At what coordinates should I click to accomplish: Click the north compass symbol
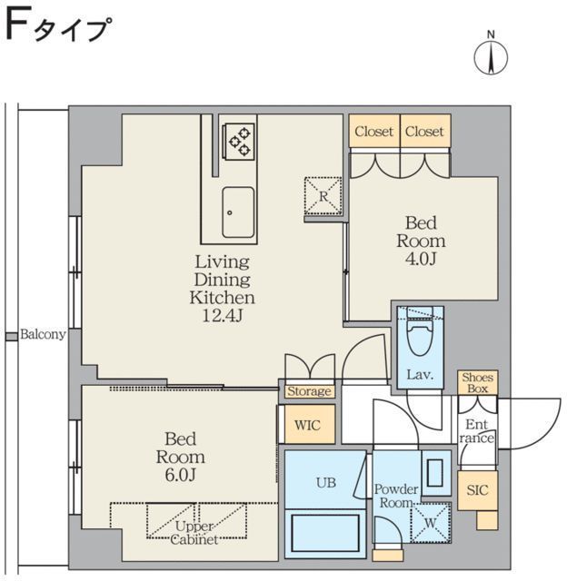click(x=491, y=56)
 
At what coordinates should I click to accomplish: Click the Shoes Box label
click(x=477, y=382)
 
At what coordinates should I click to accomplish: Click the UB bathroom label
click(x=325, y=483)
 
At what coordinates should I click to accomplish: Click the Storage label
click(x=309, y=391)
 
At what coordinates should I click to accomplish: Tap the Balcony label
click(x=42, y=334)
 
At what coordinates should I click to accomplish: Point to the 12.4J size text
click(x=222, y=315)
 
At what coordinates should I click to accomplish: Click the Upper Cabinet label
click(x=195, y=533)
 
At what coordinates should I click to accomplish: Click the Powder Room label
click(x=396, y=496)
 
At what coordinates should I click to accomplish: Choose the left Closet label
click(x=374, y=132)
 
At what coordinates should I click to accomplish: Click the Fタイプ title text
click(x=58, y=29)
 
